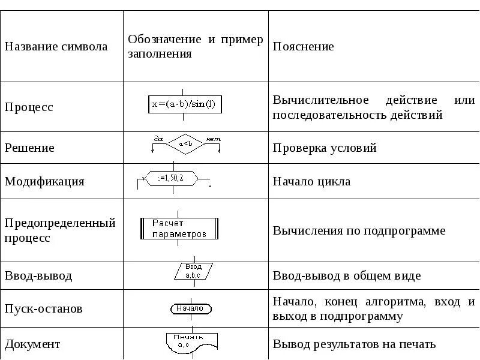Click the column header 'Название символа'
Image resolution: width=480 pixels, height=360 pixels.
click(56, 47)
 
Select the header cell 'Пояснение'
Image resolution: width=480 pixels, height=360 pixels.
click(304, 47)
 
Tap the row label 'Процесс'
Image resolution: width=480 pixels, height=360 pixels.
click(29, 107)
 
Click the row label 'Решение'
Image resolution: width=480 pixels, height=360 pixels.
click(29, 148)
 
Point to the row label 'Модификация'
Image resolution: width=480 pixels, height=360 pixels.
click(45, 181)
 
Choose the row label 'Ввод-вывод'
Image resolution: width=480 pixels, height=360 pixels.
click(38, 276)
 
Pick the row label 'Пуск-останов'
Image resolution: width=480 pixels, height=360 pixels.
click(44, 309)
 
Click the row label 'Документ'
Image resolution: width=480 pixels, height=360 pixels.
click(32, 344)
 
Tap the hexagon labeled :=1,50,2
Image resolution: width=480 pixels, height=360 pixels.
click(173, 179)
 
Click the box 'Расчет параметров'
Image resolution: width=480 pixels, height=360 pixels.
click(179, 229)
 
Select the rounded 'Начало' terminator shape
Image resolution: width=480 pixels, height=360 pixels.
click(191, 309)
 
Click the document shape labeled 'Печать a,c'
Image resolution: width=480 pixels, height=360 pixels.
click(189, 341)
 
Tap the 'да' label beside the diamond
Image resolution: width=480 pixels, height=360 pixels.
click(159, 139)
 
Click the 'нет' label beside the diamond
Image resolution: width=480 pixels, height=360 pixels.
click(213, 139)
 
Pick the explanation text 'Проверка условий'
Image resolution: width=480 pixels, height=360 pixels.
click(325, 148)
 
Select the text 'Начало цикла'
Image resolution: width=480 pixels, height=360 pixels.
click(311, 181)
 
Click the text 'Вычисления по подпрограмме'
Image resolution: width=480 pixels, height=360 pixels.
click(359, 230)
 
